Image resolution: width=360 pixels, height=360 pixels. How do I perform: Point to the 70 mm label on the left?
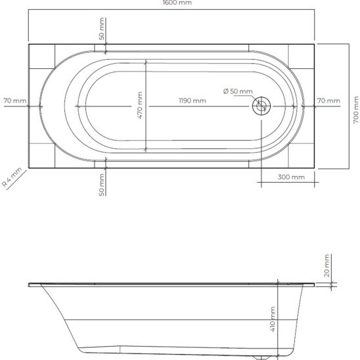pyautogui.click(x=14, y=101)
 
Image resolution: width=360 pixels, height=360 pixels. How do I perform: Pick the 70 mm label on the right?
pyautogui.click(x=328, y=101)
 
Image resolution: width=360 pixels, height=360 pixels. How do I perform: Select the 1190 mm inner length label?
pyautogui.click(x=192, y=101)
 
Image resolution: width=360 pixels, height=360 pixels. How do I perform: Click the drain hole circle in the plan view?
pyautogui.click(x=261, y=105)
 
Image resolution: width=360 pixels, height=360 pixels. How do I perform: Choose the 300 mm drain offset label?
pyautogui.click(x=291, y=177)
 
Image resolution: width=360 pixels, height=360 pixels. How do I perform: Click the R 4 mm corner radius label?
pyautogui.click(x=12, y=178)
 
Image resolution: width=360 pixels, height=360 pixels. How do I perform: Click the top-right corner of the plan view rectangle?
pyautogui.click(x=315, y=44)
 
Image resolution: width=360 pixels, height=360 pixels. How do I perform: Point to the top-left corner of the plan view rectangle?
pyautogui.click(x=28, y=44)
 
